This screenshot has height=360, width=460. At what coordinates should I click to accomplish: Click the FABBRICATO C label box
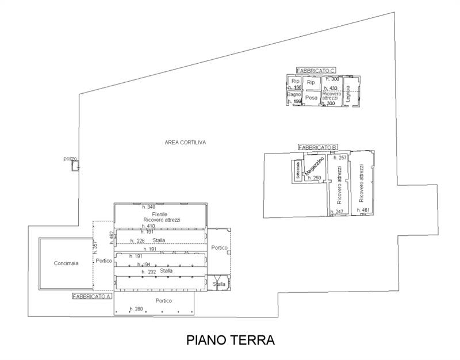click(x=316, y=71)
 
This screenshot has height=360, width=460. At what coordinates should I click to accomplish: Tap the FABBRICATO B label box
click(x=318, y=148)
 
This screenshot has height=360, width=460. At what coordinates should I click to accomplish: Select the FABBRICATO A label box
click(x=91, y=297)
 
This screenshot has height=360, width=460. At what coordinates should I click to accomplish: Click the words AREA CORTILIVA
click(x=185, y=142)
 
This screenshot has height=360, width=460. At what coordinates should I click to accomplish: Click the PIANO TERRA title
click(x=230, y=340)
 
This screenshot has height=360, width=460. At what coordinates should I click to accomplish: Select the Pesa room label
click(x=311, y=98)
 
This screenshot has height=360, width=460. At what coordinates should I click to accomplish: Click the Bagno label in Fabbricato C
click(x=294, y=94)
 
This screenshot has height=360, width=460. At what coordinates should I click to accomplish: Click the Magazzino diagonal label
click(x=315, y=166)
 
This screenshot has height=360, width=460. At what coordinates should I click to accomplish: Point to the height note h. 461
click(x=363, y=210)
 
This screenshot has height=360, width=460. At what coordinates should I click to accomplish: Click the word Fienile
click(x=152, y=214)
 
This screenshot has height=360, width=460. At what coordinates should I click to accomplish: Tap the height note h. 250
click(x=314, y=178)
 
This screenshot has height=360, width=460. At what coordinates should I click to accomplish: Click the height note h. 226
click(x=137, y=241)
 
